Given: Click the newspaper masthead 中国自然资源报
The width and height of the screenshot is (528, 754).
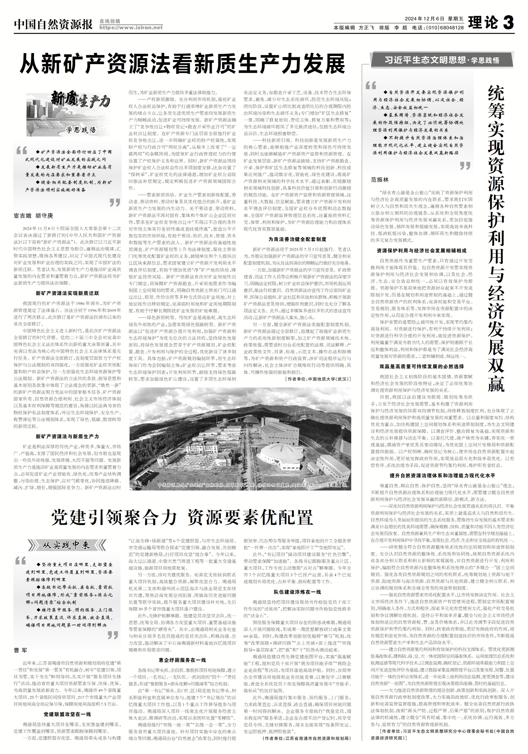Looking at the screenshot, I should (53, 25).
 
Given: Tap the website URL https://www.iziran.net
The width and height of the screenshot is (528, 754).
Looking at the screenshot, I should (131, 28).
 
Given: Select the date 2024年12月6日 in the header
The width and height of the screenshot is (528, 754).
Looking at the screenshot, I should (424, 19).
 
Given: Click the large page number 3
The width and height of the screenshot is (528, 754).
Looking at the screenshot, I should (508, 24).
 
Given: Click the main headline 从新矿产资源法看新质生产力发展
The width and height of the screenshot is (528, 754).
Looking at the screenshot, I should (182, 64).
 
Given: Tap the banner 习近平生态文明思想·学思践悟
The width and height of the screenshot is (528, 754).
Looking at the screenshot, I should (442, 60).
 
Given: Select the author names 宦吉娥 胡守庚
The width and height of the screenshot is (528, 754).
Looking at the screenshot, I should (33, 216).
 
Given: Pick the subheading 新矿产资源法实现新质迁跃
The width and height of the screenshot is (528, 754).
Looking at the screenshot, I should (67, 293).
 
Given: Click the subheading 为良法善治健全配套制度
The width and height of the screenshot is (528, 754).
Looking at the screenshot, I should (297, 239).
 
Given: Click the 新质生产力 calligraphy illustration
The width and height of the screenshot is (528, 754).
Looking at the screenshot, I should (69, 115).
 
